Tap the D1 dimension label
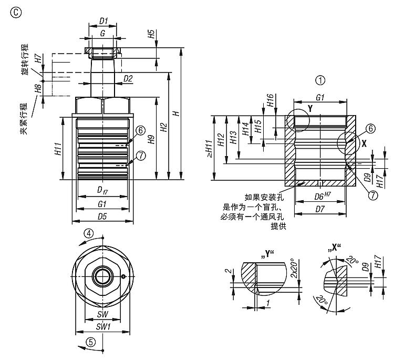pos(104,22)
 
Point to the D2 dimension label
pos(127,78)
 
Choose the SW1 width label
pos(102,326)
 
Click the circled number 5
pos(90,342)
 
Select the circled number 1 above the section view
pos(320,80)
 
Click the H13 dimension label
pos(234,139)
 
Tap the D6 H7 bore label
pos(321,197)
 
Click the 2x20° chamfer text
pos(294,271)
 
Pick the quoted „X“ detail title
pos(334,246)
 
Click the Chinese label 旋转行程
pos(25,61)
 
